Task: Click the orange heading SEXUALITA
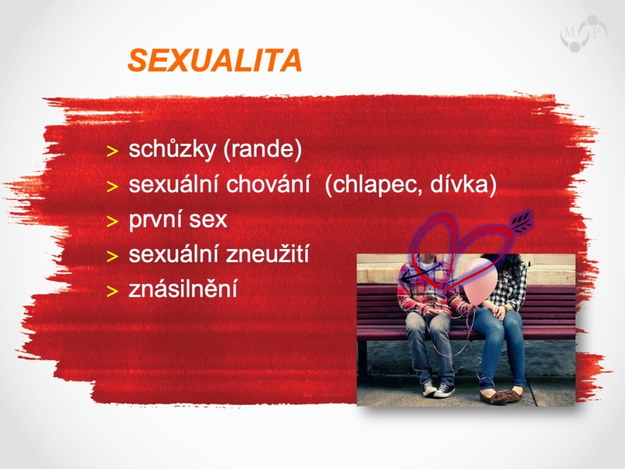point(214,60)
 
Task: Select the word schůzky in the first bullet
point(172,150)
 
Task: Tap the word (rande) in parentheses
point(262,150)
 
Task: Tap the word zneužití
point(267,254)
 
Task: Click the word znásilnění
point(182,289)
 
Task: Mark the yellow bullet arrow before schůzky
point(113,151)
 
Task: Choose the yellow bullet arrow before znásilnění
point(113,291)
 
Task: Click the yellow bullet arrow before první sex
point(113,221)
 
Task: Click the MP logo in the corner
point(583,34)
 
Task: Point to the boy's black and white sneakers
point(438,388)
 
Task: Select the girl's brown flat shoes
point(500,395)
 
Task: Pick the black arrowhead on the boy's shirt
point(406,278)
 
